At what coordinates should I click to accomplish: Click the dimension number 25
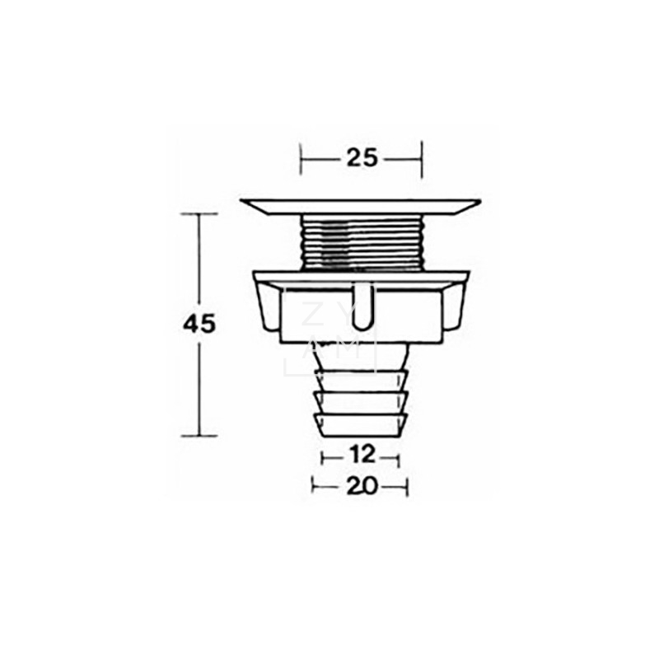coord(362,158)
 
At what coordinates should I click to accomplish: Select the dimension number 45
coord(199,324)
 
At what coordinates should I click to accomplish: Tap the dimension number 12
coord(361,455)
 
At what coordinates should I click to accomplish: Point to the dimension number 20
coord(362,487)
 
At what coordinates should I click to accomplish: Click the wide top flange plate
coord(360,208)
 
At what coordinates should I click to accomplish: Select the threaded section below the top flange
coord(362,242)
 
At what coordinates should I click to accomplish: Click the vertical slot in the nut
coord(362,306)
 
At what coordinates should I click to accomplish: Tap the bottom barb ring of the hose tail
coord(362,424)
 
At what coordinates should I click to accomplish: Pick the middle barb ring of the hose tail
coord(362,402)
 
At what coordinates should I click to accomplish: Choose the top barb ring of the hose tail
coord(362,381)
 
